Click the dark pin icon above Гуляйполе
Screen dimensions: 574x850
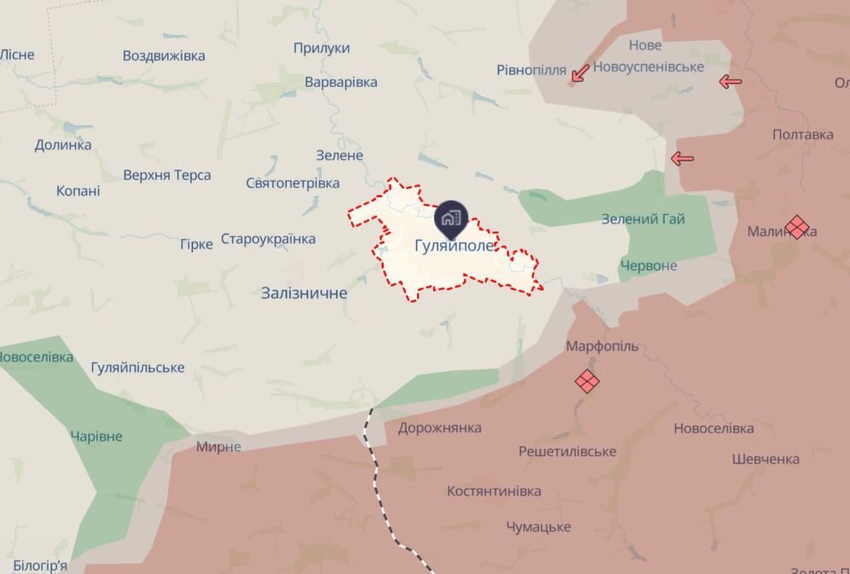click(451, 217)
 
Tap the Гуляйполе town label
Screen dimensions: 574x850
click(454, 246)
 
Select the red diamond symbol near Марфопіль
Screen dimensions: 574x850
click(587, 380)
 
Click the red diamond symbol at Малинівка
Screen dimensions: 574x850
click(797, 227)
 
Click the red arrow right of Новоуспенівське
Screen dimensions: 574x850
click(730, 82)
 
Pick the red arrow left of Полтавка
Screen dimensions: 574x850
click(682, 158)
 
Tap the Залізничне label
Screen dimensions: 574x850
click(304, 293)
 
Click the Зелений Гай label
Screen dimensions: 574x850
click(643, 219)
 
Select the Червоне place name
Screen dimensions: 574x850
click(649, 265)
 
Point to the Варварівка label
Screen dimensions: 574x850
click(341, 82)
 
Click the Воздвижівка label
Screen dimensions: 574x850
click(164, 55)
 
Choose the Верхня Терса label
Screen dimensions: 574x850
click(168, 176)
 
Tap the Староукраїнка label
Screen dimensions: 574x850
click(268, 239)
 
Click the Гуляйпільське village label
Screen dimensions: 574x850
click(137, 368)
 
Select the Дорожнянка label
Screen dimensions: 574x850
click(439, 428)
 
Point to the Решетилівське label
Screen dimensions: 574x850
click(568, 451)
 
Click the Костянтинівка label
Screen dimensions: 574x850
click(494, 491)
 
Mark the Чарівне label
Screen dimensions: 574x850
click(96, 437)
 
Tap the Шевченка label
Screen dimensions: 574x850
click(766, 459)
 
